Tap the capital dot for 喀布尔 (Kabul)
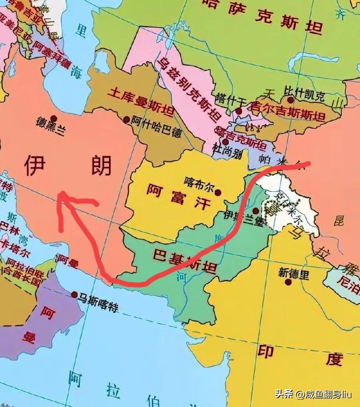point(218,192)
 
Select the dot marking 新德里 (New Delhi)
point(288,282)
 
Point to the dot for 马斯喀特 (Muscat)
point(74,294)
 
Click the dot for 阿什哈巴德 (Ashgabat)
point(126,119)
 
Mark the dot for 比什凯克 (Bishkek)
point(290,100)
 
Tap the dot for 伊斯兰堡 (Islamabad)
point(255,211)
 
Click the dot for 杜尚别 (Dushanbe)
point(225,142)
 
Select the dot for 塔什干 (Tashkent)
point(239,111)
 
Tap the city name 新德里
point(293,273)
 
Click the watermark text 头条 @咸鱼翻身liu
point(313,394)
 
